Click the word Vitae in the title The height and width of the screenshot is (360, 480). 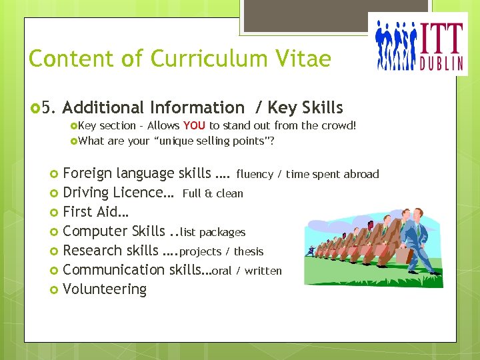pos(301,59)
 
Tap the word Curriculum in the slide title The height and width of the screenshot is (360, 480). pos(208,59)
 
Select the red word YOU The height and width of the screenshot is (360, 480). pos(194,125)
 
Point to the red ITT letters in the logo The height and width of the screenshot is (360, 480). pos(441,39)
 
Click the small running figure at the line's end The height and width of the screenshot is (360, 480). pos(311,251)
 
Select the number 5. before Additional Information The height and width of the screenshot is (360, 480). pos(50,107)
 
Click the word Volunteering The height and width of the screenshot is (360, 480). pos(105,289)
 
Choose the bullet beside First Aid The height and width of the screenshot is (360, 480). pos(55,213)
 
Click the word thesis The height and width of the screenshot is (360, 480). pos(248,251)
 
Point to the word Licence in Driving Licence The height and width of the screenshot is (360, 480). pos(142,193)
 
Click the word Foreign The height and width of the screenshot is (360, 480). pos(87,174)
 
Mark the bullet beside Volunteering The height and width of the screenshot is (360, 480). pos(55,290)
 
